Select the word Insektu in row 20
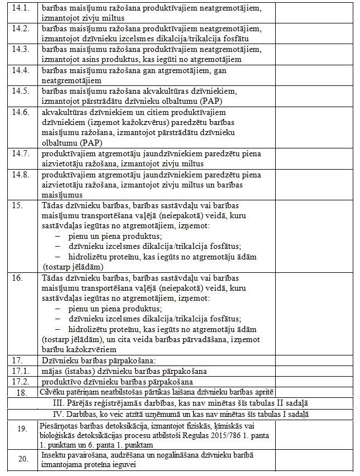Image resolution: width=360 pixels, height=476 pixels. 54,455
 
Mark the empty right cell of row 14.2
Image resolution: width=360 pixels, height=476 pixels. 315,33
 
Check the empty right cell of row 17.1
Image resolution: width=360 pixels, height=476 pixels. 315,371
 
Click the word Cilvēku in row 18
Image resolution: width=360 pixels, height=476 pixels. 52,392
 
